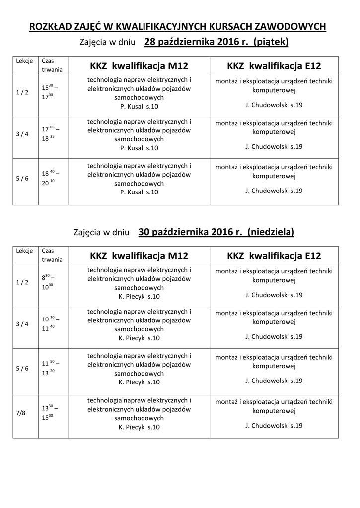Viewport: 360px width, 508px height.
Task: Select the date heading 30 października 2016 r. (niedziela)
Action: pyautogui.click(x=216, y=232)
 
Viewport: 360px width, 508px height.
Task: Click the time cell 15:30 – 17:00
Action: pyautogui.click(x=51, y=92)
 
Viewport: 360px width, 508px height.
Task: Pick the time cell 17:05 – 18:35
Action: pyautogui.click(x=51, y=134)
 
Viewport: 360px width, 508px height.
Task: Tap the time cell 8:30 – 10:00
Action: pyautogui.click(x=51, y=282)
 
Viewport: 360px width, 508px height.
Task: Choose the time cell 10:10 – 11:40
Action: pyautogui.click(x=51, y=324)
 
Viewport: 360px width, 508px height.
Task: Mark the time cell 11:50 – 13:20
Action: pyautogui.click(x=51, y=368)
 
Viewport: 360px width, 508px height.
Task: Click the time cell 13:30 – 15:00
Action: pyautogui.click(x=51, y=413)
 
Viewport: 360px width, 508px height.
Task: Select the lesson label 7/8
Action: pyautogui.click(x=20, y=413)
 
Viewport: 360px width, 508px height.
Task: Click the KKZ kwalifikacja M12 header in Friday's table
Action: pyautogui.click(x=139, y=66)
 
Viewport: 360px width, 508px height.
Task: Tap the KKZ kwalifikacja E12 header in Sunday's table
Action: pyautogui.click(x=274, y=256)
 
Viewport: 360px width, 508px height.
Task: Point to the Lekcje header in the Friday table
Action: pyautogui.click(x=24, y=61)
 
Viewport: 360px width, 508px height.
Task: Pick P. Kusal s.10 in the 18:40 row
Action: pyautogui.click(x=139, y=192)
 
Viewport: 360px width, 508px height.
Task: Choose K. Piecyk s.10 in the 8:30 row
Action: pyautogui.click(x=139, y=297)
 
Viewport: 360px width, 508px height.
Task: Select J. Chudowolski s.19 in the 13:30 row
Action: pyautogui.click(x=274, y=426)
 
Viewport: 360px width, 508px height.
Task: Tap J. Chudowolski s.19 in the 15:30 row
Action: pyautogui.click(x=274, y=105)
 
